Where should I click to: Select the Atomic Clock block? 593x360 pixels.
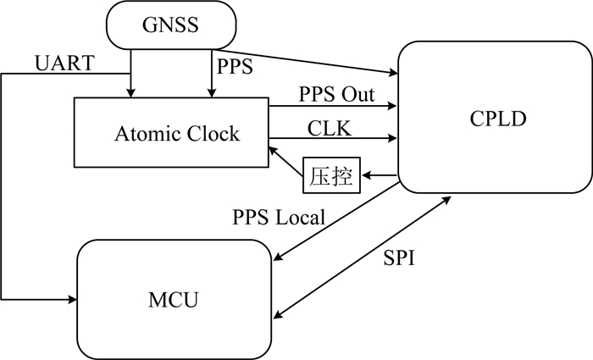(x=170, y=133)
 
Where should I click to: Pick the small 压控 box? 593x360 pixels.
(x=330, y=179)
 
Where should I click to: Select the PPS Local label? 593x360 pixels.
(x=278, y=217)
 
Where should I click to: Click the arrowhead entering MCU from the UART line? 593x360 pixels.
(x=70, y=299)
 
